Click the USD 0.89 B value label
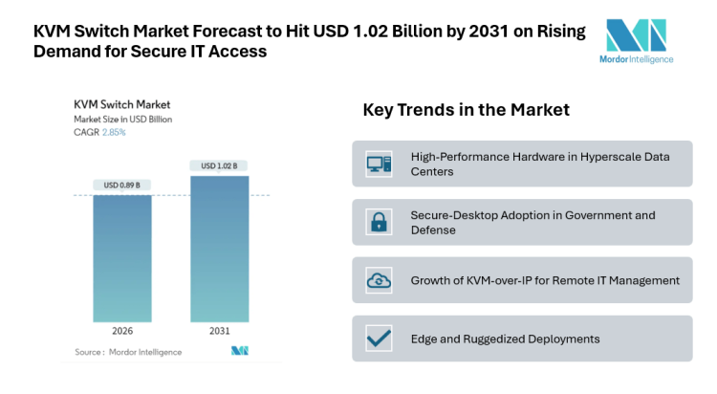(121, 185)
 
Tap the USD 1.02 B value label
(219, 165)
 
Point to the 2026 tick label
(121, 332)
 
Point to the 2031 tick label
(219, 332)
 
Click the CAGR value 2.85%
(114, 132)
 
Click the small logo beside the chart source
(239, 352)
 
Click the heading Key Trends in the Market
(466, 111)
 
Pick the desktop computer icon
(379, 164)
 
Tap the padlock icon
(379, 223)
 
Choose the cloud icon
(379, 280)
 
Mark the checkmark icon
(379, 339)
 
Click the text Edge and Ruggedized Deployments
(505, 339)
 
